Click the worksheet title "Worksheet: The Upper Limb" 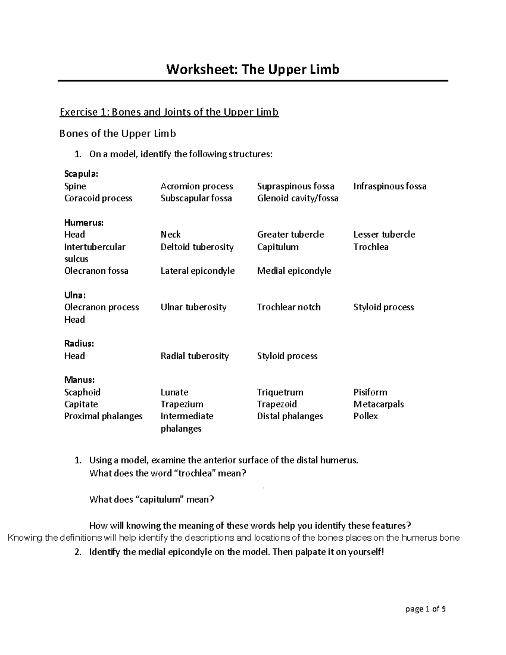point(253,69)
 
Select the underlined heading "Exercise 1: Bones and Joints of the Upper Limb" point(169,112)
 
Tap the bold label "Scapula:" point(81,174)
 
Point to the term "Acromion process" point(196,186)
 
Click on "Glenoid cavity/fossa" point(298,198)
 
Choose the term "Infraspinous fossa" point(390,186)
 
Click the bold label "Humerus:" point(83,222)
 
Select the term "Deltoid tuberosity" point(197,247)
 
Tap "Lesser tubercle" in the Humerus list point(384,235)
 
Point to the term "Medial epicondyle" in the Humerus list point(294,271)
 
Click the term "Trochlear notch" point(288,307)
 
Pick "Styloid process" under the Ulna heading point(383,307)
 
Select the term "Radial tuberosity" point(194,356)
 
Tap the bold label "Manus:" point(79,380)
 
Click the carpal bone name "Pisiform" point(370,392)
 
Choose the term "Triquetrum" point(280,392)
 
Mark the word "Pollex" point(365,416)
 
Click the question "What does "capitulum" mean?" point(152,500)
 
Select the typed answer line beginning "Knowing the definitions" point(234,538)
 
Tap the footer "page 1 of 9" point(425,609)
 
